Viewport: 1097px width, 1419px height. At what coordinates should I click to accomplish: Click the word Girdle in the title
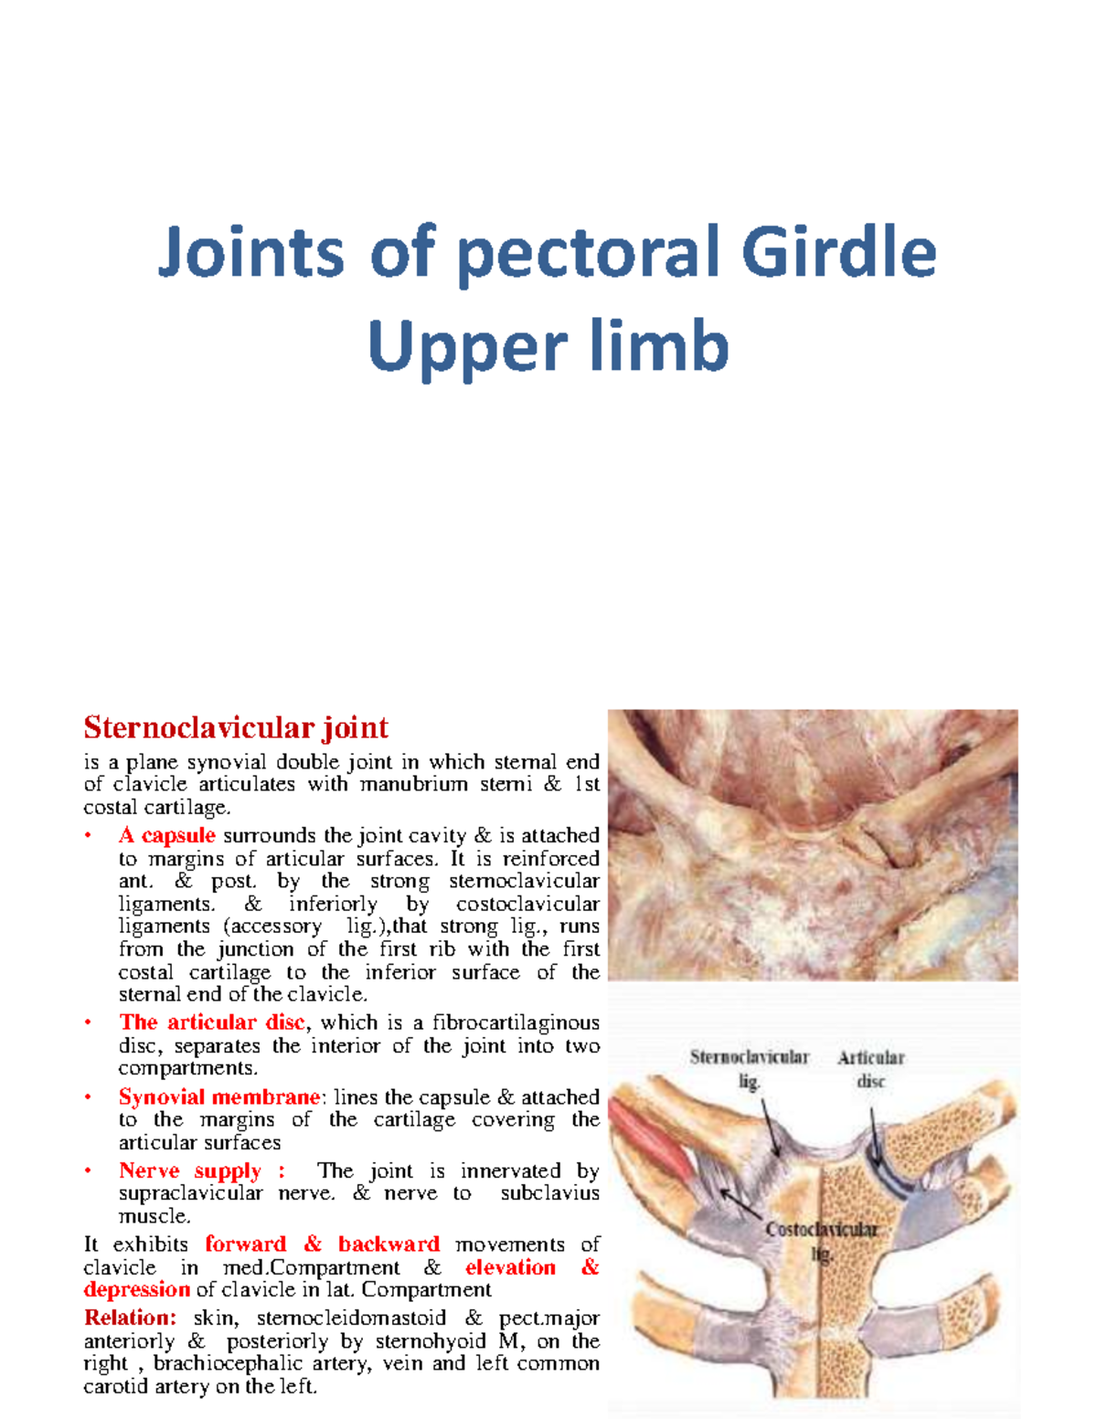point(838,252)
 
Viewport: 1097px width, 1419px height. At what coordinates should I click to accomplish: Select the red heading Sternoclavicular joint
point(236,727)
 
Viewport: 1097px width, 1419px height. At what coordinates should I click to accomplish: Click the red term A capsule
point(166,835)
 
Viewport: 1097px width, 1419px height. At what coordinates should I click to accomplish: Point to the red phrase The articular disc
point(211,1022)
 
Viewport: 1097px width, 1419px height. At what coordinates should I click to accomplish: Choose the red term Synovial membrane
point(219,1096)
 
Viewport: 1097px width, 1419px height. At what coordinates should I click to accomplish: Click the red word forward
point(245,1244)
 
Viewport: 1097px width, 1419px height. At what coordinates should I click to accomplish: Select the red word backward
point(389,1244)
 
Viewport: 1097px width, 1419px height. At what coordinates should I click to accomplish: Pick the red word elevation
point(510,1267)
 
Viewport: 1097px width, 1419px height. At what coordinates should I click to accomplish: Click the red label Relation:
point(130,1318)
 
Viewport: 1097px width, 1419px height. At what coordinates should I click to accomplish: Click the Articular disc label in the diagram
point(870,1069)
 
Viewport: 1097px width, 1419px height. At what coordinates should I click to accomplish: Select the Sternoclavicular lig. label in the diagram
point(749,1068)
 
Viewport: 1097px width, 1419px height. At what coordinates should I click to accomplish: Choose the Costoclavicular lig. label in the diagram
point(821,1241)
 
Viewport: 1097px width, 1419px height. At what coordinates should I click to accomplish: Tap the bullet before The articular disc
point(89,1022)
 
